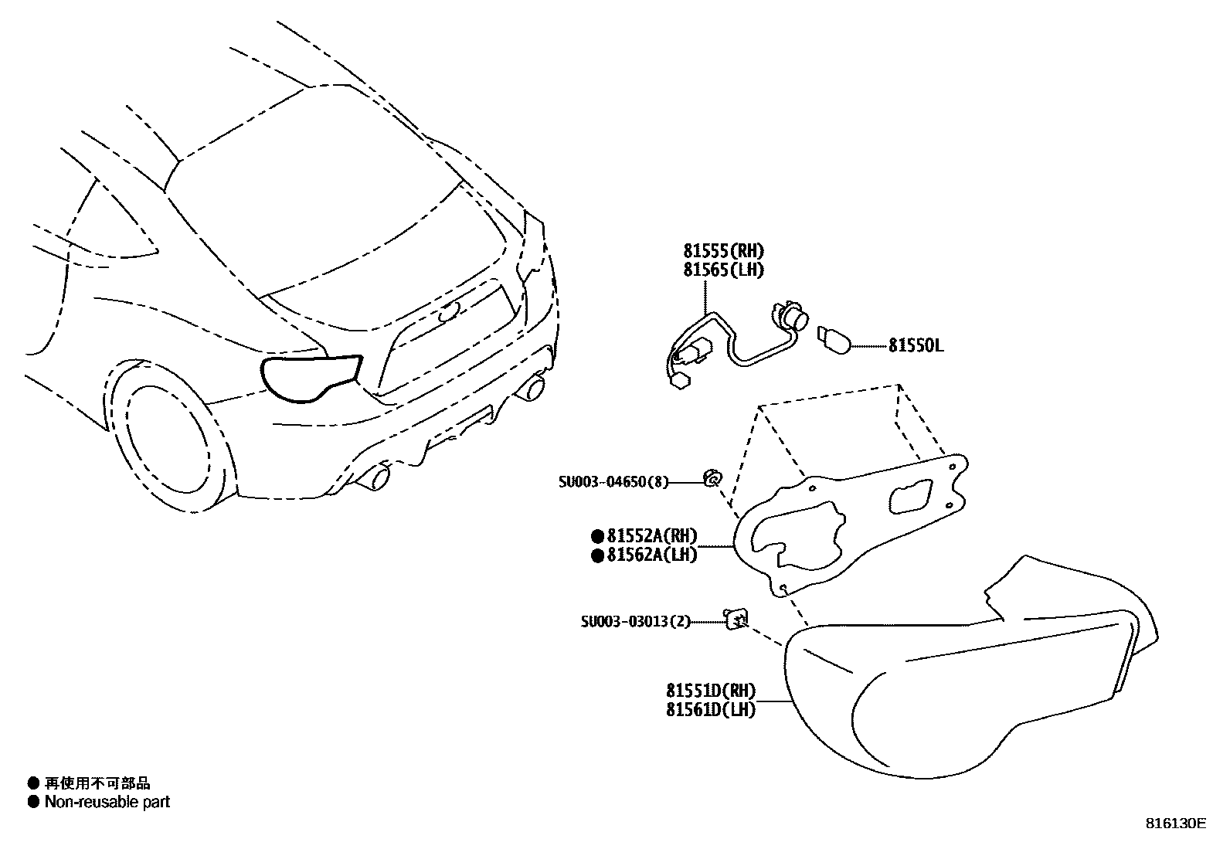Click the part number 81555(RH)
tap(723, 250)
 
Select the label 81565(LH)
tap(723, 270)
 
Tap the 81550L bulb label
tap(916, 345)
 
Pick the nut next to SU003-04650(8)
tap(712, 479)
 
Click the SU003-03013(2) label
tap(636, 621)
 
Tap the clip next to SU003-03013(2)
tap(736, 619)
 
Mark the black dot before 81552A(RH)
tap(597, 535)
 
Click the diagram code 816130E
tap(1175, 824)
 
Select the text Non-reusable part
tap(107, 802)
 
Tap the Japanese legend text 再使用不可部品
tap(97, 783)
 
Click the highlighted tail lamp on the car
tap(309, 377)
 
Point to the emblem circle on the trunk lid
tap(447, 314)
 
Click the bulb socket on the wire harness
tap(789, 318)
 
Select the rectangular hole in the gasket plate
tap(912, 496)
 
